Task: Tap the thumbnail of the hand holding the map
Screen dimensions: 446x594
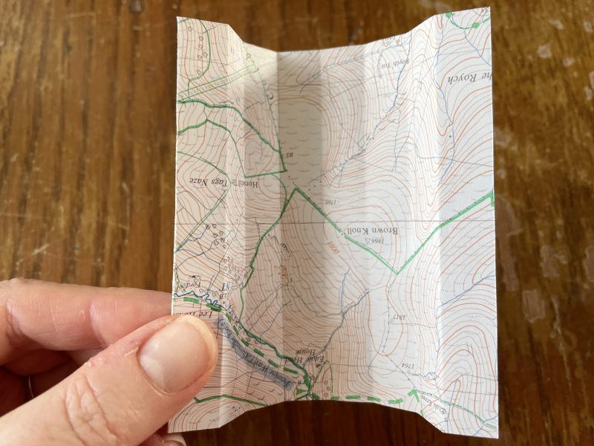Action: (x=172, y=350)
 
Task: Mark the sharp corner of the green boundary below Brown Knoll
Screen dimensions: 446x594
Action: (x=396, y=273)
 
